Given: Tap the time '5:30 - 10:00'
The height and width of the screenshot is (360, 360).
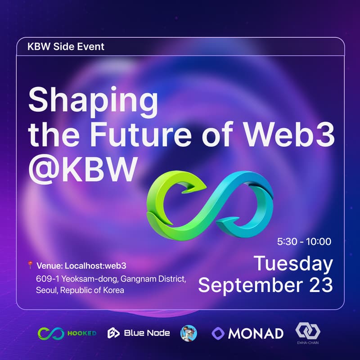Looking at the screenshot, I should click(x=304, y=242).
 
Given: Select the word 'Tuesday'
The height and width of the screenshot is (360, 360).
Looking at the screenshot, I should click(x=293, y=264).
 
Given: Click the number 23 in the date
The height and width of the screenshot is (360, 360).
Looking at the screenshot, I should click(x=318, y=285).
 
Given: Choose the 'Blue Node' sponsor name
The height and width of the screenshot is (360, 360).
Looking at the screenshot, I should click(x=147, y=333).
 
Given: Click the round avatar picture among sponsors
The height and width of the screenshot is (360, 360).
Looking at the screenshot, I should click(x=188, y=333).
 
